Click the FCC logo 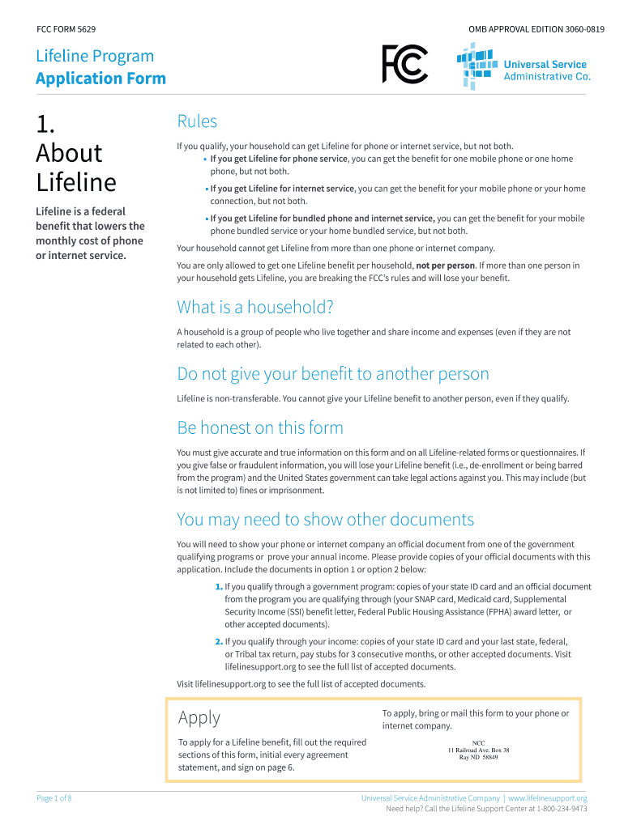click(x=404, y=64)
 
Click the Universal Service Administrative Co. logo click(x=524, y=67)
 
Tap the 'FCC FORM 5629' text click(x=66, y=29)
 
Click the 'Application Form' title click(x=100, y=79)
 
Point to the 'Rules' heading click(x=197, y=121)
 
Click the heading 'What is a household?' click(x=255, y=308)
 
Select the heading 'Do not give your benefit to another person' click(x=333, y=374)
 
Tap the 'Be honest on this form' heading click(x=260, y=427)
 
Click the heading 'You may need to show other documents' click(x=325, y=519)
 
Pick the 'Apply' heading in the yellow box click(x=199, y=717)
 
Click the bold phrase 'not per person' click(x=445, y=266)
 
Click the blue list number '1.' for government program click(x=218, y=587)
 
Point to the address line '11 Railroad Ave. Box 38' click(x=478, y=750)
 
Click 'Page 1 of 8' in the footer click(x=54, y=798)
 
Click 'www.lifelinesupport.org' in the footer click(x=548, y=798)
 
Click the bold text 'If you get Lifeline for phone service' click(x=279, y=159)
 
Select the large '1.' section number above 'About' click(x=45, y=124)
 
